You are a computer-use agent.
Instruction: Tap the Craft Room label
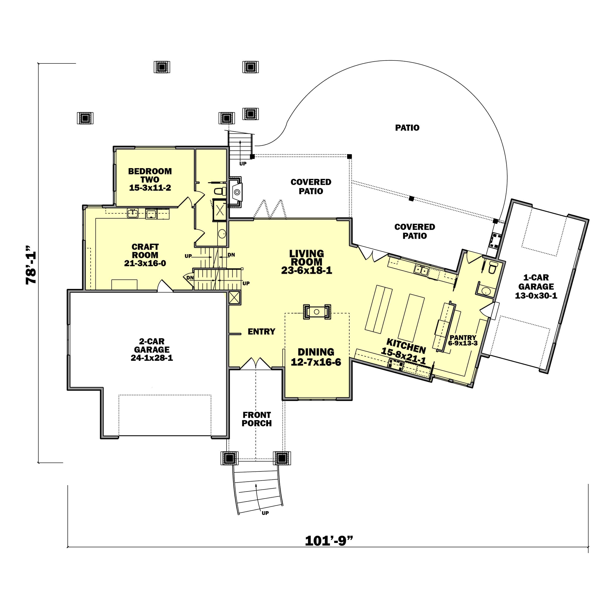[x=145, y=251]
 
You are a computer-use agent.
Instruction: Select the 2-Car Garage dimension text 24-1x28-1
[x=152, y=358]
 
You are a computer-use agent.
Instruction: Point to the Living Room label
[x=307, y=258]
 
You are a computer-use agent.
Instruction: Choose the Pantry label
[x=463, y=338]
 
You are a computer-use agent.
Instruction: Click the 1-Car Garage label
[x=536, y=282]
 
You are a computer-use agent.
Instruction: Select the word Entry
[x=261, y=331]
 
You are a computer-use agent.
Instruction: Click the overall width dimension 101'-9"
[x=329, y=541]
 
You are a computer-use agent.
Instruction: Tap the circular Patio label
[x=407, y=128]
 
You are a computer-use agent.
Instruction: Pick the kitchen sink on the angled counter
[x=421, y=270]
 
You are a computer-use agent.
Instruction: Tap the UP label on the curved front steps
[x=265, y=513]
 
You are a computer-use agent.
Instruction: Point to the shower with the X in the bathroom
[x=220, y=210]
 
